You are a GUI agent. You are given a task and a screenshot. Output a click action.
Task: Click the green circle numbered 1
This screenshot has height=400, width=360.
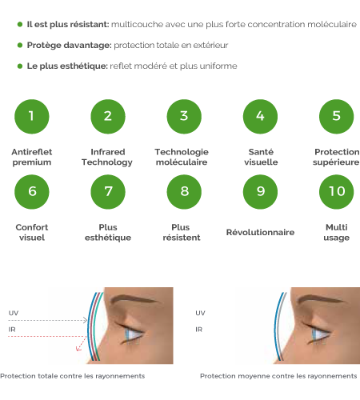pos(32,117)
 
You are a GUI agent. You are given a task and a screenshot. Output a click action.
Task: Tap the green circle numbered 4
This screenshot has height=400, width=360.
pos(260,117)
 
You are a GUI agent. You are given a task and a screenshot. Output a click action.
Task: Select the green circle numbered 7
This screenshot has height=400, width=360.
pos(108,192)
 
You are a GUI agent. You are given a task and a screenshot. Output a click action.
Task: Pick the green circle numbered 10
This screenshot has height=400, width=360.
pos(337,192)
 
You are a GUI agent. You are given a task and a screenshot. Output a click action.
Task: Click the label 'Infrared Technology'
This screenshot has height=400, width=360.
pos(107,157)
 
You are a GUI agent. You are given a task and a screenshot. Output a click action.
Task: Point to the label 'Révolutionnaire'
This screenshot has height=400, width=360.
pos(260,232)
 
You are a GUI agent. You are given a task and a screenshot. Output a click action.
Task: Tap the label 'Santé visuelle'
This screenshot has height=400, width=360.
pos(261,157)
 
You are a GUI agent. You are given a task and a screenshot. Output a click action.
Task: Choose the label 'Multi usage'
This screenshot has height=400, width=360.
pos(337,233)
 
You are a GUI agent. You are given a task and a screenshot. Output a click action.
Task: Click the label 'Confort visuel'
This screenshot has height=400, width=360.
pos(32,232)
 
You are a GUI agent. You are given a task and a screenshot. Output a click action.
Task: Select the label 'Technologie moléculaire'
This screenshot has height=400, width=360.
pos(182,157)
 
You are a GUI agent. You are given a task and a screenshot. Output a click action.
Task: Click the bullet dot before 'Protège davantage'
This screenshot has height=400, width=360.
pos(20,45)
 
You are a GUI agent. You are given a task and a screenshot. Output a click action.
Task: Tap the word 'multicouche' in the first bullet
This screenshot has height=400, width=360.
pos(137,24)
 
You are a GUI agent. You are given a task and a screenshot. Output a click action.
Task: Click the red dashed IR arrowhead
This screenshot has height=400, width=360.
pos(78,348)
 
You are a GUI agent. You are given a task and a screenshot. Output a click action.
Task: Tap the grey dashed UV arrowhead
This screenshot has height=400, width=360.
pos(86,320)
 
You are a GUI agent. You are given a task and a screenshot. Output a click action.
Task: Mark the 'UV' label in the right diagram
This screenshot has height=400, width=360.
pos(200,313)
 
